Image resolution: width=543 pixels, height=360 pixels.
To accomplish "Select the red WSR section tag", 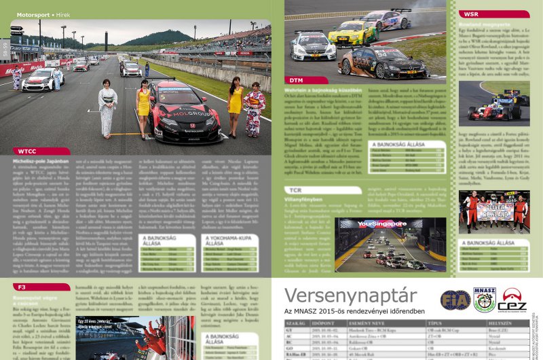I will (470, 14).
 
